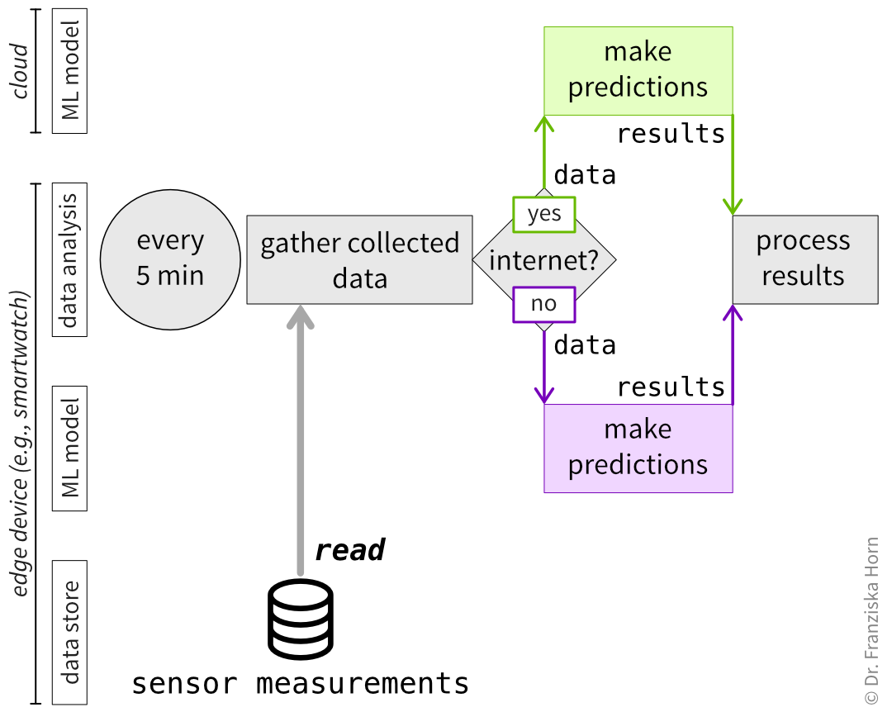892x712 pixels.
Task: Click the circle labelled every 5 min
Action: coord(170,259)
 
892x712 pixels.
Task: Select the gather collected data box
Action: coord(359,259)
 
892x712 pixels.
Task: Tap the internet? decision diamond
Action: coord(543,261)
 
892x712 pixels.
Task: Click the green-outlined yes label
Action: coord(543,215)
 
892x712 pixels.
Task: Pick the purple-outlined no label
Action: coord(543,304)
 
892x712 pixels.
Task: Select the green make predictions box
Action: coord(638,70)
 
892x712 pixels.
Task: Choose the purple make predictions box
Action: coord(638,448)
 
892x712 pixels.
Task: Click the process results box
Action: coord(804,259)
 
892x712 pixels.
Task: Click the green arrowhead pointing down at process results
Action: coord(733,206)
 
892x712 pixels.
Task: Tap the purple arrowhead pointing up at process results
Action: coord(733,314)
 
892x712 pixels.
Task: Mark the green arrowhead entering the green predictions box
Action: coord(543,126)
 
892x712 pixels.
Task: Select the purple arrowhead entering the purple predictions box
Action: coord(543,393)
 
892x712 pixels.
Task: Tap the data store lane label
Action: coord(70,633)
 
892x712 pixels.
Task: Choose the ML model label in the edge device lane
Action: coord(70,448)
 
